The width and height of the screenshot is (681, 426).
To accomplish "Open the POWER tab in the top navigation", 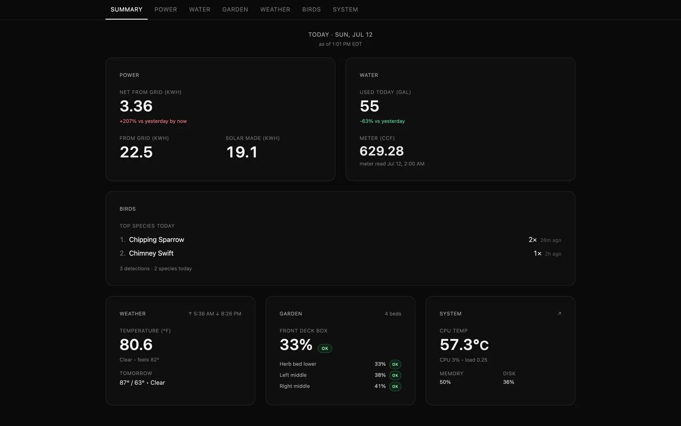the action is [x=166, y=9].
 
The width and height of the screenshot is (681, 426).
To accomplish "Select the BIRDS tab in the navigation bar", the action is [x=311, y=9].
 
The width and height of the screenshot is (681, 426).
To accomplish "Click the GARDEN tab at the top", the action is [x=235, y=9].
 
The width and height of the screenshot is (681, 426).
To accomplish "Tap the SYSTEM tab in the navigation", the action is [x=345, y=9].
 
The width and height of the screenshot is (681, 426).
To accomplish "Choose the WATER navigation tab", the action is [x=200, y=9].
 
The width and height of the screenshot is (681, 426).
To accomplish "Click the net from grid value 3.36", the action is [x=136, y=106].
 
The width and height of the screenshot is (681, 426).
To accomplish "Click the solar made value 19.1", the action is [x=242, y=152].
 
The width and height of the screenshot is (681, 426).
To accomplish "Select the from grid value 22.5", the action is [x=136, y=152].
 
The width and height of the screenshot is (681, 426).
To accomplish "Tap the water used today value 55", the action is [x=369, y=106].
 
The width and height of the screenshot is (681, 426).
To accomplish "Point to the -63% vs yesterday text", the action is [x=382, y=121].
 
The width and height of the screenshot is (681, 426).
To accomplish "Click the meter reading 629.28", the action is [x=381, y=151].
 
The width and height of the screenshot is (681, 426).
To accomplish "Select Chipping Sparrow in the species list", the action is [x=157, y=240].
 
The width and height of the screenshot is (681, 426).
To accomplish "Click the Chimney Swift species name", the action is [x=151, y=253].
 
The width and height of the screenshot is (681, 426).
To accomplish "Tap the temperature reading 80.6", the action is [x=136, y=345].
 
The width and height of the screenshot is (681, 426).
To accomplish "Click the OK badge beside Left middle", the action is [x=395, y=375].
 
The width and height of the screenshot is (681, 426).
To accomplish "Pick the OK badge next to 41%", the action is [x=395, y=386].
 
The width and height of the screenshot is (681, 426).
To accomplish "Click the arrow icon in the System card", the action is [x=559, y=314].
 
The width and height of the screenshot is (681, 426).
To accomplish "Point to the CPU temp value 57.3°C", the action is [x=464, y=345].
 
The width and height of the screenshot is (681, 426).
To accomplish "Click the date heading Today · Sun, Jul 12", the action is [x=340, y=35].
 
